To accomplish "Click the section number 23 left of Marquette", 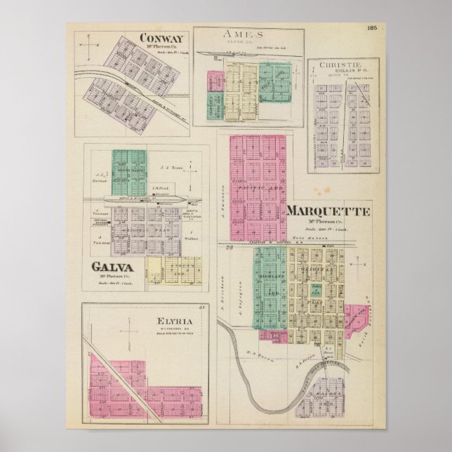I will pyautogui.click(x=229, y=248).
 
